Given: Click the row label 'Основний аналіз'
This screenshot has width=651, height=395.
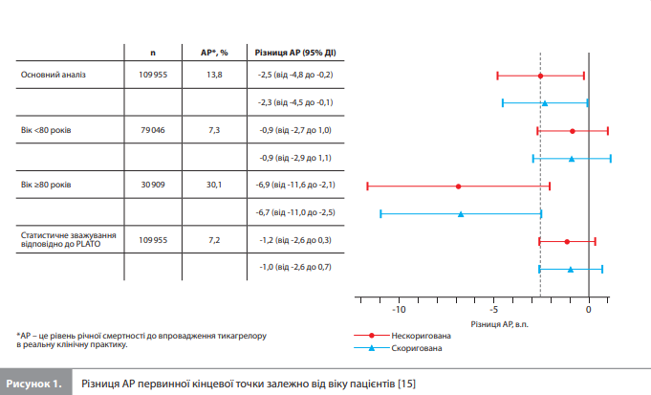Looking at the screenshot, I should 54,75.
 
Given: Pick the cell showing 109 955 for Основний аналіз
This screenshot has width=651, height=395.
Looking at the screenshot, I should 153,75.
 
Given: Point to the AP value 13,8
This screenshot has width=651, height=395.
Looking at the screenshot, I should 214,75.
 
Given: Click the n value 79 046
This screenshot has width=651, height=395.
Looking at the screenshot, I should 153,129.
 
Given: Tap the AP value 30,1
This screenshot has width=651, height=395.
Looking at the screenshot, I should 214,185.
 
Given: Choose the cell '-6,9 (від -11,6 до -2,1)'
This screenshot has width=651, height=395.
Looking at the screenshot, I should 294,185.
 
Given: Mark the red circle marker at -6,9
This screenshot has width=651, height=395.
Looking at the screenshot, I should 459,186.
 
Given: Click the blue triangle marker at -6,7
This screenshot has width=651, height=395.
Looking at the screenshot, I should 462,213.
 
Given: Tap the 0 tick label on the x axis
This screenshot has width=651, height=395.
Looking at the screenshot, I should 589,310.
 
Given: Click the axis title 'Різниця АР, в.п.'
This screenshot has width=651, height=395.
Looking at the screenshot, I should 501,325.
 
